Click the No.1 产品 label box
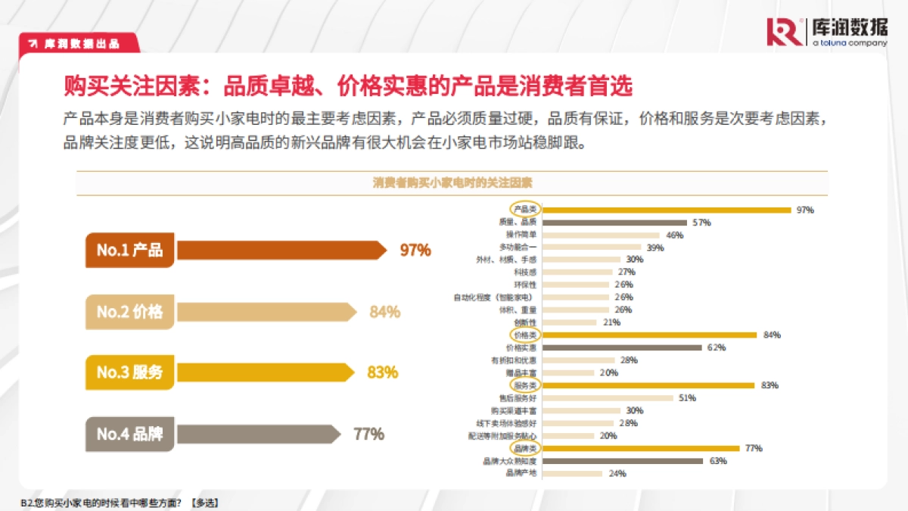click(129, 251)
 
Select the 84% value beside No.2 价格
click(384, 312)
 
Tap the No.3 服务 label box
click(129, 372)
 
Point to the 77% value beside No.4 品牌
click(368, 435)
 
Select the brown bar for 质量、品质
click(615, 222)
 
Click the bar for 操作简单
click(602, 235)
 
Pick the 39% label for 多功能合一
click(655, 248)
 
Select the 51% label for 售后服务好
click(687, 397)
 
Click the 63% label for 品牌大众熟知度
click(718, 461)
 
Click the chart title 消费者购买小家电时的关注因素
click(452, 183)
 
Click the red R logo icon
click(785, 32)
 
